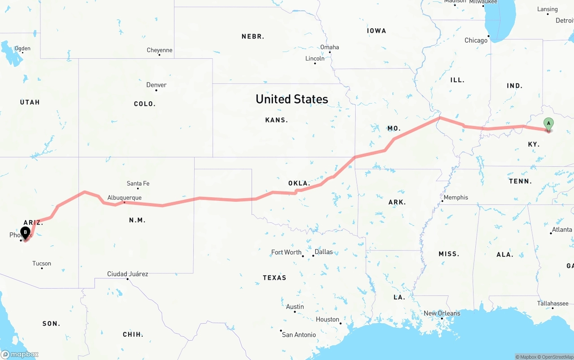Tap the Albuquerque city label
pyautogui.click(x=124, y=198)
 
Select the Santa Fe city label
pyautogui.click(x=138, y=183)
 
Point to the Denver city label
pyautogui.click(x=156, y=85)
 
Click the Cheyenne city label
pyautogui.click(x=159, y=50)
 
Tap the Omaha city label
pyautogui.click(x=329, y=47)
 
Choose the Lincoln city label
pyautogui.click(x=314, y=59)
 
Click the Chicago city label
pyautogui.click(x=476, y=40)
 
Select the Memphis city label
pyautogui.click(x=456, y=197)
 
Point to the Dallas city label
pyautogui.click(x=323, y=252)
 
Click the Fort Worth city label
pyautogui.click(x=286, y=252)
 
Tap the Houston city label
pyautogui.click(x=327, y=319)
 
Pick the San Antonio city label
pyautogui.click(x=299, y=334)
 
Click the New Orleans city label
pyautogui.click(x=442, y=313)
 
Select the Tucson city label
pyautogui.click(x=42, y=264)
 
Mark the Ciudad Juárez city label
pyautogui.click(x=127, y=274)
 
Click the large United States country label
pyautogui.click(x=291, y=99)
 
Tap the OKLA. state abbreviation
pyautogui.click(x=299, y=183)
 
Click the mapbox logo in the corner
pyautogui.click(x=20, y=354)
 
